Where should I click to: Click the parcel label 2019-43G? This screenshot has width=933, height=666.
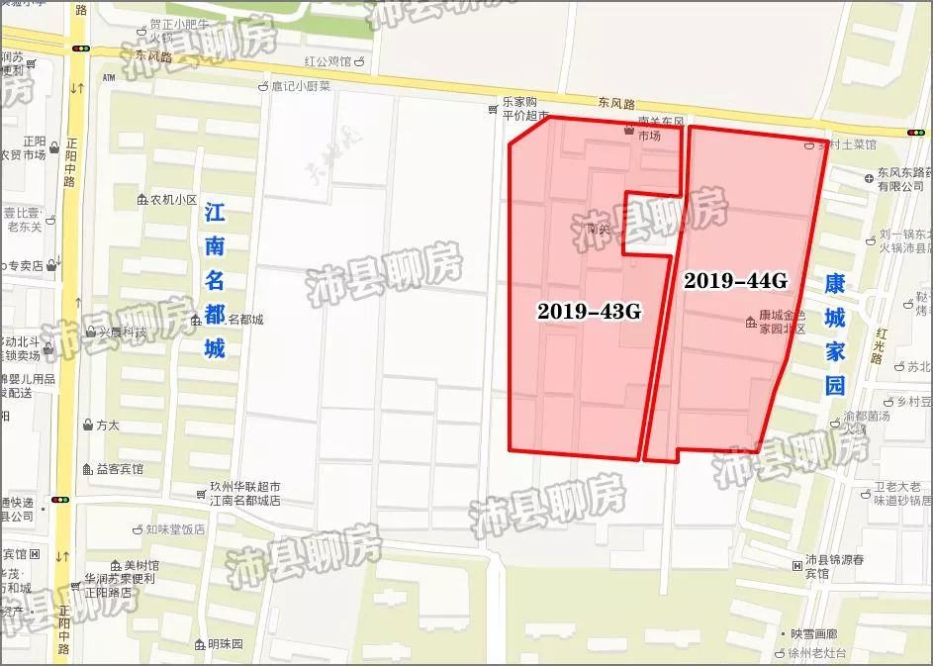[590, 312]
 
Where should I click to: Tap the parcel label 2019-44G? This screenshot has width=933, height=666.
[735, 281]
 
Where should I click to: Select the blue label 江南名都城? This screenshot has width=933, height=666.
[215, 281]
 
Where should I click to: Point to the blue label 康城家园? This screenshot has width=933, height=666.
[836, 335]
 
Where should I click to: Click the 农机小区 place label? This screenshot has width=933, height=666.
[174, 199]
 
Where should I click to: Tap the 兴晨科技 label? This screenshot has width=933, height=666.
[121, 333]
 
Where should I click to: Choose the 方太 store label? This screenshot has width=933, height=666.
[107, 426]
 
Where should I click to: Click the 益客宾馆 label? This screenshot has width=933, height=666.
[119, 468]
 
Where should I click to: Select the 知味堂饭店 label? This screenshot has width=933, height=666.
[174, 529]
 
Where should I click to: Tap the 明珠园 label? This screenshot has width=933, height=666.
[225, 643]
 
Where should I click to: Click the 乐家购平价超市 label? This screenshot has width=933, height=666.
[523, 109]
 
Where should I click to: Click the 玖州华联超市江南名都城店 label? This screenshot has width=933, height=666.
[244, 494]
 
